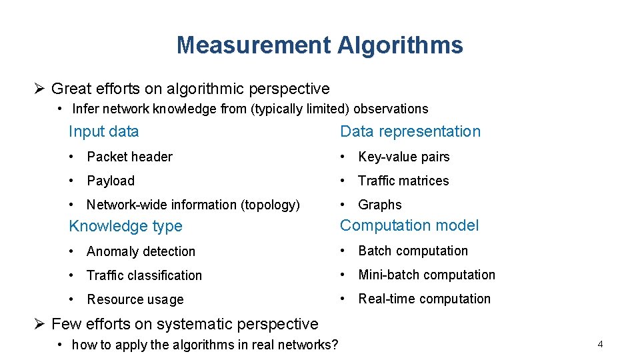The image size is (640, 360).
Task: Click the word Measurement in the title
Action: tap(253, 45)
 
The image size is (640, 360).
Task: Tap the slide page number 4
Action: tap(600, 345)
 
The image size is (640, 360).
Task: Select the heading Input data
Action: tap(103, 131)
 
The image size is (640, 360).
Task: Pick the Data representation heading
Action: tap(410, 131)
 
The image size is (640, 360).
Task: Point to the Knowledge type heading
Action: tap(125, 226)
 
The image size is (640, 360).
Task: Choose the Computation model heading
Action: tap(409, 225)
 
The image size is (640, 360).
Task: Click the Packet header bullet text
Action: tap(129, 157)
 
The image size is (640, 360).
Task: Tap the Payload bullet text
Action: tap(111, 181)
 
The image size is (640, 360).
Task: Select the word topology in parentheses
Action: tap(273, 205)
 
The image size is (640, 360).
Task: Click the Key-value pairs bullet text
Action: tap(403, 157)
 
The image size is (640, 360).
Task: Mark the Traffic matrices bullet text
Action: tap(403, 181)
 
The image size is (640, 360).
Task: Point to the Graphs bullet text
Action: tap(380, 205)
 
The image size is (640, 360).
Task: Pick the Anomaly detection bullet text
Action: tap(141, 251)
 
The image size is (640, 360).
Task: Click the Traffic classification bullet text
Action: tap(144, 275)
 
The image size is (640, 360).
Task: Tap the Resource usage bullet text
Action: tap(135, 299)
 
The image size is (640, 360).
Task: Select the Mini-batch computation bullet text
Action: tap(427, 275)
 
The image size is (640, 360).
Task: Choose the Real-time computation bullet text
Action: tap(424, 299)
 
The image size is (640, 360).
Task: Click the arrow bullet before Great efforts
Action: tap(39, 89)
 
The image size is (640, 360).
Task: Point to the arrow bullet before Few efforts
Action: tap(39, 324)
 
